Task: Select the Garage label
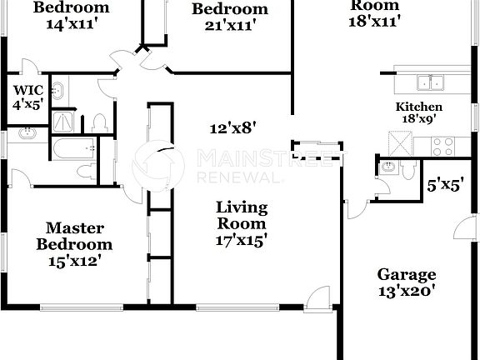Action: coord(406,274)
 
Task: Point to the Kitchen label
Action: coord(418,107)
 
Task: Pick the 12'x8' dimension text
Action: coord(232,127)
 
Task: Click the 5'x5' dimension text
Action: coord(444,187)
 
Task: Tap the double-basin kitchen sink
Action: coord(430,82)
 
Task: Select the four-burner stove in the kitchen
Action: coord(443,146)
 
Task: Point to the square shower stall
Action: coord(63,122)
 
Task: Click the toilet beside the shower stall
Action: coord(100,124)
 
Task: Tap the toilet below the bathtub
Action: coord(86,172)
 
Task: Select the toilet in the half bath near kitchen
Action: coord(407,169)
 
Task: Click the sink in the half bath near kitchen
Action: coord(387,167)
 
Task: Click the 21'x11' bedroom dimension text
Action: coord(230,25)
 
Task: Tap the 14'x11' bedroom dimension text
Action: coord(71,23)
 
